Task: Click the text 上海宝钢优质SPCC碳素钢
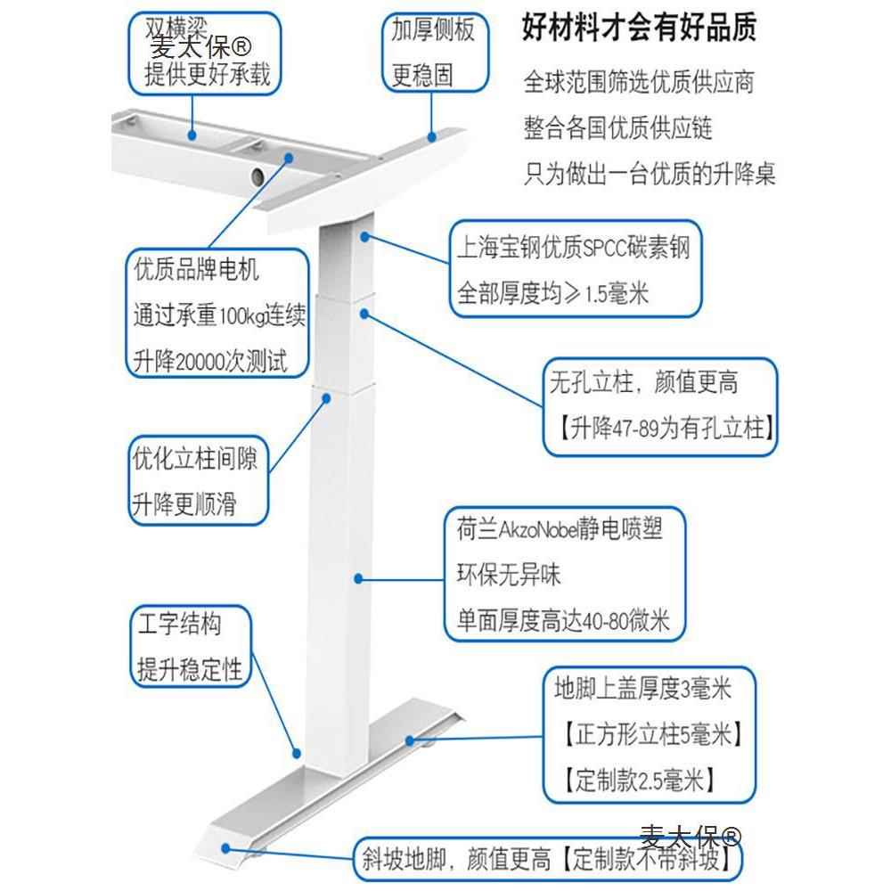573,248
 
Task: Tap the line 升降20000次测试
210,361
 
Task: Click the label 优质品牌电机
196,268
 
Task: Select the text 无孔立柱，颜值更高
643,383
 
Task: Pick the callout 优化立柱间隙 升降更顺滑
196,481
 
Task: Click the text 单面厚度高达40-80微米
563,619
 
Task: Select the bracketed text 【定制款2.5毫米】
640,781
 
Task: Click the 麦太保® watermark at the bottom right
691,837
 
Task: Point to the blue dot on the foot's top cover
409,739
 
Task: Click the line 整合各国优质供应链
618,127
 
